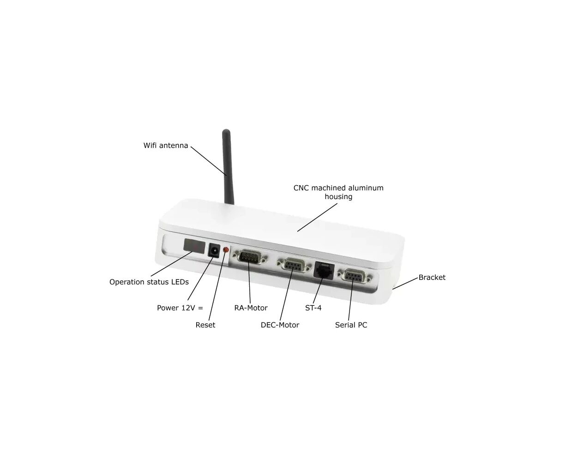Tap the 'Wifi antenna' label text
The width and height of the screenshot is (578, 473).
pos(166,146)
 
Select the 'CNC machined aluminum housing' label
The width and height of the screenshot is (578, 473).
pos(338,192)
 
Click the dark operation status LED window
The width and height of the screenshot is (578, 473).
pos(194,246)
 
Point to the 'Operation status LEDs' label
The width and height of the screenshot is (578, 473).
pos(149,282)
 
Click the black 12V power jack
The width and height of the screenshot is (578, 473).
pos(214,250)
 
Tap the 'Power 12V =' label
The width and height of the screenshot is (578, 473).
pos(180,308)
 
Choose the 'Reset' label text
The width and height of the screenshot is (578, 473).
pos(205,325)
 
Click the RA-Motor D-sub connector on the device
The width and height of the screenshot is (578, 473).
pos(249,257)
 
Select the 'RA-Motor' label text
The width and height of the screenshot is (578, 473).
pos(251,308)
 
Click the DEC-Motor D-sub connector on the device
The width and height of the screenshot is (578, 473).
pos(294,265)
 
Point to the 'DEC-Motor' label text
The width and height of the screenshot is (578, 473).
pos(280,325)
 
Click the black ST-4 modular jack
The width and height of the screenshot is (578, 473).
pos(324,271)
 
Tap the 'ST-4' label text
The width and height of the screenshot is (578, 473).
pos(313,308)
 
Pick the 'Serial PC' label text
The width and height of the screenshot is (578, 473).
pos(351,325)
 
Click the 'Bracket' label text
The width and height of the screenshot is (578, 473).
pos(432,277)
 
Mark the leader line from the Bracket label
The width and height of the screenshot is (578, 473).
pos(405,284)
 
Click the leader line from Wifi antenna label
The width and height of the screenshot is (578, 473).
pos(209,161)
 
